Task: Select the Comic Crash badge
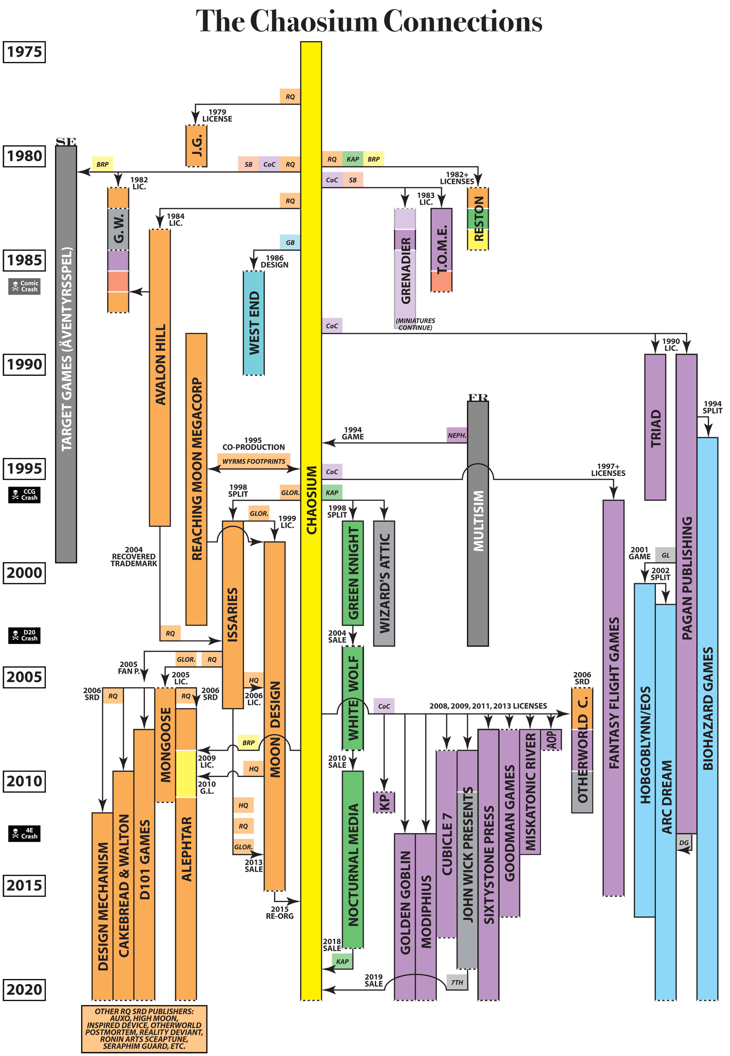click(x=24, y=286)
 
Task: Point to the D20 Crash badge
click(x=24, y=635)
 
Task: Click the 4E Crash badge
click(x=24, y=833)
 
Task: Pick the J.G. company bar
click(x=196, y=146)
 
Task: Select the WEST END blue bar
click(x=253, y=323)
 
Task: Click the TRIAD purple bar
click(x=655, y=427)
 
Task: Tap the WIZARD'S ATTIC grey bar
click(x=384, y=583)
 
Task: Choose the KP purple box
click(x=384, y=802)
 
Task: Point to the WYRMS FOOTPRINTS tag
click(x=253, y=461)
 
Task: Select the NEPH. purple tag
click(x=457, y=435)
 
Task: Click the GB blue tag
click(x=290, y=242)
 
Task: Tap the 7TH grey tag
click(x=457, y=982)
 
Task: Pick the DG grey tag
click(x=684, y=843)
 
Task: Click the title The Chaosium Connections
click(x=369, y=22)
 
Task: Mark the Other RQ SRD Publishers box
click(x=144, y=1029)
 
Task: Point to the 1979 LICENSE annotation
click(x=217, y=115)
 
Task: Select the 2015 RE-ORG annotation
click(x=280, y=912)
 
